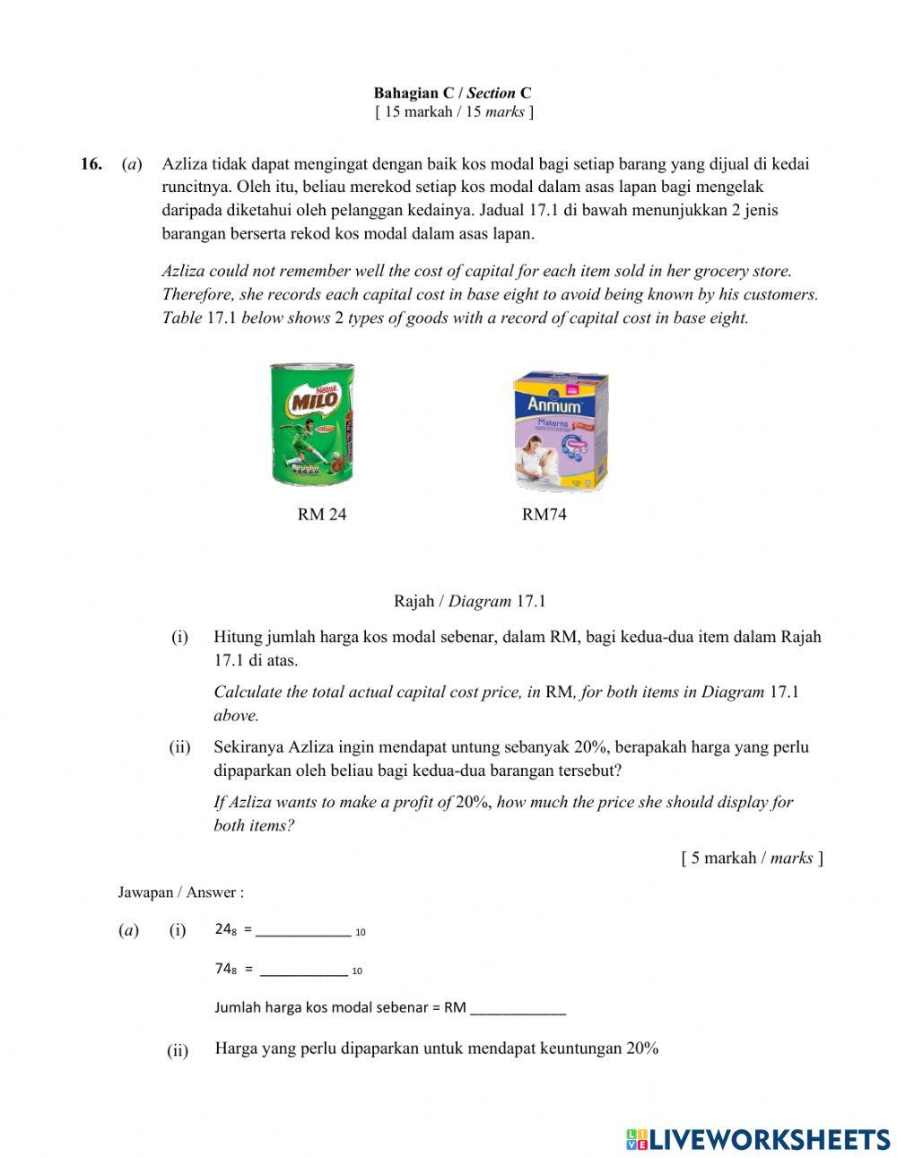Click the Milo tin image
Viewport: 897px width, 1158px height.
312,424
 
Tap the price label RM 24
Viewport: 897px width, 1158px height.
321,514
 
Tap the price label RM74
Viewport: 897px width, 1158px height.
544,514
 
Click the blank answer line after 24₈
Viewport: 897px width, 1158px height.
303,930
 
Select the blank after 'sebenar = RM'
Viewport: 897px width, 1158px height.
518,1007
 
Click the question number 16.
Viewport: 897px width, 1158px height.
91,164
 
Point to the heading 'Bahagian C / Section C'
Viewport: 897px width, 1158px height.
452,92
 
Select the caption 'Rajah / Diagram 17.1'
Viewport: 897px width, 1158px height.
469,601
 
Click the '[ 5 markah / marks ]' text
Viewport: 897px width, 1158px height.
752,858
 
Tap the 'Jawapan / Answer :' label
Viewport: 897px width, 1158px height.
181,892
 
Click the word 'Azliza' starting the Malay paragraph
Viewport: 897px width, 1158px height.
185,164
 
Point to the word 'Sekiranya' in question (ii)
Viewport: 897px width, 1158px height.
249,747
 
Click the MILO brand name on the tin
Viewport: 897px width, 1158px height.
314,398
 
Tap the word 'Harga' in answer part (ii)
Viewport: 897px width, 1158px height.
236,1049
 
